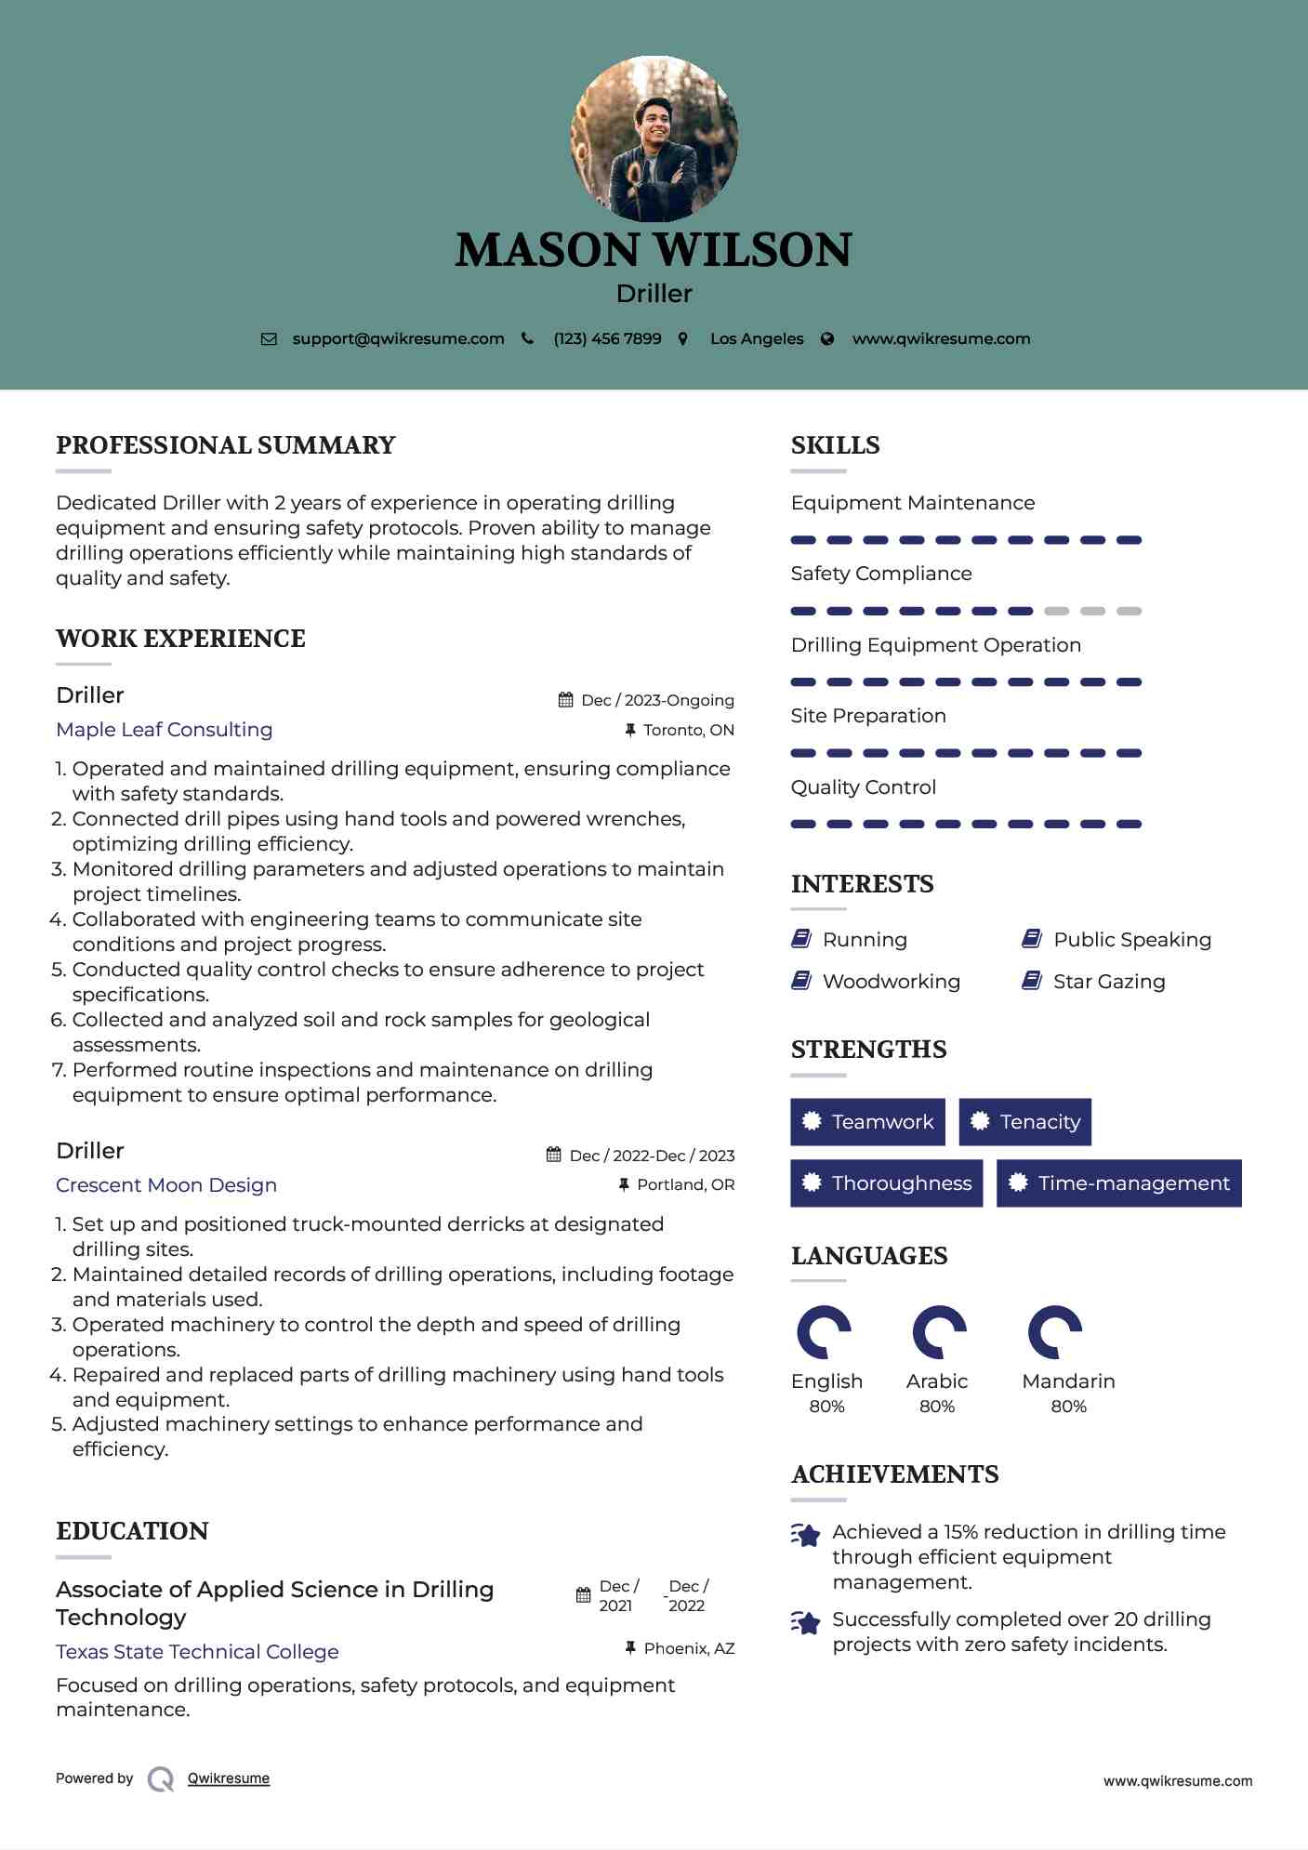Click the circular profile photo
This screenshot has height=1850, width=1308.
[654, 139]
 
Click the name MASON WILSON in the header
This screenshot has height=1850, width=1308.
[654, 250]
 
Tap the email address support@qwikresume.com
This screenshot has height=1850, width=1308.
[398, 339]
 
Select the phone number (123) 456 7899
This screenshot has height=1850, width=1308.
[607, 339]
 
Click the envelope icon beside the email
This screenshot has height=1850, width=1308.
[269, 339]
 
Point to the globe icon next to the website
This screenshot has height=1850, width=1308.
[827, 339]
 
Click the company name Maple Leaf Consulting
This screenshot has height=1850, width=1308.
[165, 730]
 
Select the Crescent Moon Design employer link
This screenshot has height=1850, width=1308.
[166, 1185]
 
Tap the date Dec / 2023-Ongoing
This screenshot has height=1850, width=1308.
[657, 701]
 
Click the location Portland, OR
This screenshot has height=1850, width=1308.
[685, 1185]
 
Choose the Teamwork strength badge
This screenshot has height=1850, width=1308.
[867, 1122]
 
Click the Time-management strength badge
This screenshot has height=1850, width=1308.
[1118, 1183]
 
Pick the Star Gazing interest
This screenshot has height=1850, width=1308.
[1108, 982]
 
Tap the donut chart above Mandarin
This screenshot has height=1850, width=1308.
[1055, 1332]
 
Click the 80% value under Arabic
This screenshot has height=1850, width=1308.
[937, 1407]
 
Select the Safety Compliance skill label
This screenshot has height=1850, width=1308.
[881, 574]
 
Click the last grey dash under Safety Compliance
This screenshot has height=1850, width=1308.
[1129, 612]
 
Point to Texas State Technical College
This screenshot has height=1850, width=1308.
[197, 1652]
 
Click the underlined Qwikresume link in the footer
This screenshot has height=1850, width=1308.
[229, 1778]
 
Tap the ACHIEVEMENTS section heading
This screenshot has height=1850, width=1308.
[894, 1474]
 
